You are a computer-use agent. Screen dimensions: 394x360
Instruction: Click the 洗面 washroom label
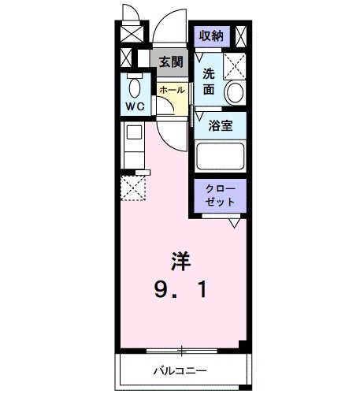click(209, 81)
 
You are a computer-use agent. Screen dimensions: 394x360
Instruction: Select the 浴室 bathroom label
click(220, 125)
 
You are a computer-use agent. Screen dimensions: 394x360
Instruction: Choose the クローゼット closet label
click(221, 195)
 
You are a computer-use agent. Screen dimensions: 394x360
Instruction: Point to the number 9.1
click(182, 290)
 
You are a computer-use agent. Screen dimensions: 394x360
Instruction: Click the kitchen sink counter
click(132, 145)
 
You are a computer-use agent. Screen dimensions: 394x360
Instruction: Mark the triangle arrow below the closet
click(234, 223)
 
